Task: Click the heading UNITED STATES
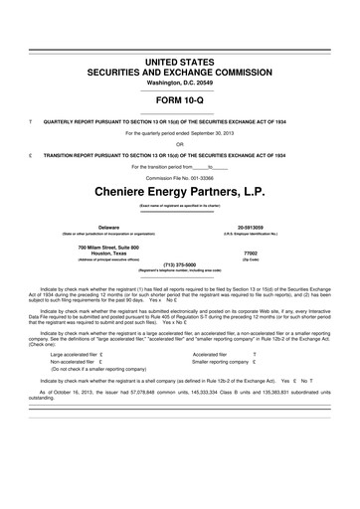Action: click(179, 63)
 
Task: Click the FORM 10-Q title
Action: click(179, 100)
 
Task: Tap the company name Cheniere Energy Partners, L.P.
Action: click(179, 188)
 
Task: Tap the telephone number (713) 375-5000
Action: click(179, 263)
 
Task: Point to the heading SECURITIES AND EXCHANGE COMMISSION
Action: click(179, 73)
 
